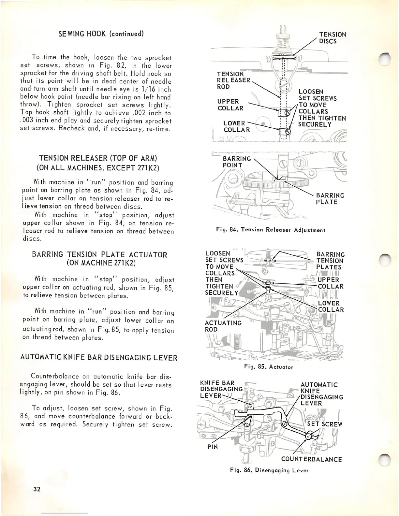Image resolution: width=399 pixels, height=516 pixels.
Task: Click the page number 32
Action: (x=37, y=489)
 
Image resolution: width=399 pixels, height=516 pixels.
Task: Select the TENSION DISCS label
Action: (x=332, y=38)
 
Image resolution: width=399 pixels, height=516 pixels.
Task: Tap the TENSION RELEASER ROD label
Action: (x=233, y=80)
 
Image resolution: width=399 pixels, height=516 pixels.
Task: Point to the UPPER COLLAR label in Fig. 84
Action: (x=230, y=105)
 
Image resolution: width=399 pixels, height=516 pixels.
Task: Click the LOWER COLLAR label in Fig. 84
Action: (x=237, y=126)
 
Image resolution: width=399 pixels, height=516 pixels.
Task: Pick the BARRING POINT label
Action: (x=237, y=162)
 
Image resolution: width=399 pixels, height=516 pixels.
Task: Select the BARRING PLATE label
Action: (x=330, y=198)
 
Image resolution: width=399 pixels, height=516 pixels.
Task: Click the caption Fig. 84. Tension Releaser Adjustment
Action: (x=271, y=230)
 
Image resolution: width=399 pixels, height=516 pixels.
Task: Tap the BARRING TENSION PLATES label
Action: (x=330, y=261)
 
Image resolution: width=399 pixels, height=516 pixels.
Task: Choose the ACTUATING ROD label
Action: (x=223, y=326)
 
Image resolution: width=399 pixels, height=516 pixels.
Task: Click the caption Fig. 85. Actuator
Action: (x=269, y=367)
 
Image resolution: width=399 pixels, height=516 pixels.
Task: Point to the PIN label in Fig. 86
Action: (x=213, y=447)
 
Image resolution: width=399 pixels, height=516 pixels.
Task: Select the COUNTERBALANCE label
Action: (x=311, y=459)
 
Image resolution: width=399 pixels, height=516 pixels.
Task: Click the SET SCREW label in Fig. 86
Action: (x=325, y=424)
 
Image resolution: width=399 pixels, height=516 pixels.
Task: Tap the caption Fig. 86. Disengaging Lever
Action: (x=269, y=470)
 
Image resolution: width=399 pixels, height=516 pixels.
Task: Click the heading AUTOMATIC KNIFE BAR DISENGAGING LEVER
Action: (x=99, y=358)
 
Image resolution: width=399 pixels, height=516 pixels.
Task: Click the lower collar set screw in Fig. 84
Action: (x=287, y=132)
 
